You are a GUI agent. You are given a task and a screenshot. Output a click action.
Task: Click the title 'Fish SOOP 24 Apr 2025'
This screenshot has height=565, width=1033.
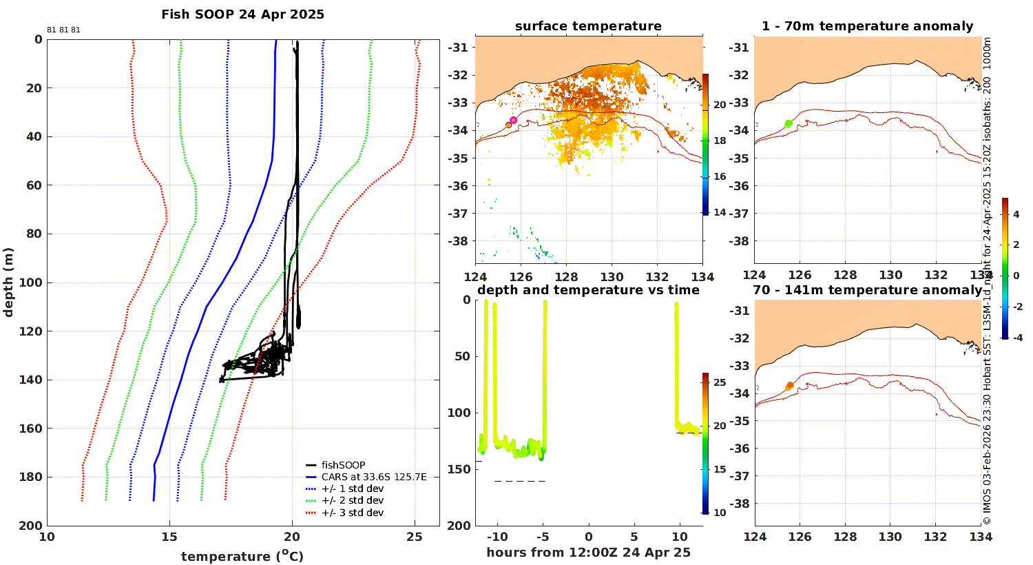(242, 14)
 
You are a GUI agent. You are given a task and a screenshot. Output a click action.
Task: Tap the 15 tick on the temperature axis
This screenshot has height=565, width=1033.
(169, 537)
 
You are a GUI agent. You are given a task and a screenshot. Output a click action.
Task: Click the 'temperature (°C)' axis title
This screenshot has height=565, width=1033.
(242, 556)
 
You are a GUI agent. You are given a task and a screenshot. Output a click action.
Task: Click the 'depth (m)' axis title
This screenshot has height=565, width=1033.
(8, 282)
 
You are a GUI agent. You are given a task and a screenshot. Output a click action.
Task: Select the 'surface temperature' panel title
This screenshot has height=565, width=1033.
(588, 25)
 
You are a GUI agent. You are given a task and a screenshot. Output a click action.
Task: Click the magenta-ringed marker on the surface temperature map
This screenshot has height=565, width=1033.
(513, 121)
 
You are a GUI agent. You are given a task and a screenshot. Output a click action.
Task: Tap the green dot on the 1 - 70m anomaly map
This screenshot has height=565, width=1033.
(788, 123)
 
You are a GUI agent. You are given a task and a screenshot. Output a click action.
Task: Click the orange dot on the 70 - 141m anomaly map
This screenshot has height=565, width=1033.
(789, 386)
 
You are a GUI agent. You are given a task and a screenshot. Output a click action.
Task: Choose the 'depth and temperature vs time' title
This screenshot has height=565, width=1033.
(588, 289)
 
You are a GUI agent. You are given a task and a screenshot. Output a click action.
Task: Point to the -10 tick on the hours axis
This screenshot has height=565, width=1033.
(497, 537)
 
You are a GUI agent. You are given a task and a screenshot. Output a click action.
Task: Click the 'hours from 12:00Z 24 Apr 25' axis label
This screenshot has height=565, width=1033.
(588, 552)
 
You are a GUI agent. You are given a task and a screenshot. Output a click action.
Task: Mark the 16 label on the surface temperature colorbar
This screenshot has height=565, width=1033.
(720, 176)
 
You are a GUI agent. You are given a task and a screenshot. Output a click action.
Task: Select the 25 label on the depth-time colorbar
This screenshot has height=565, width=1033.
(720, 382)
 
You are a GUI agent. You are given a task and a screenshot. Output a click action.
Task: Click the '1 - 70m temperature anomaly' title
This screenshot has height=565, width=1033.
(868, 25)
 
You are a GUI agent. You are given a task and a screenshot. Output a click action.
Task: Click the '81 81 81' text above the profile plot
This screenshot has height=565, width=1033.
(63, 30)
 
